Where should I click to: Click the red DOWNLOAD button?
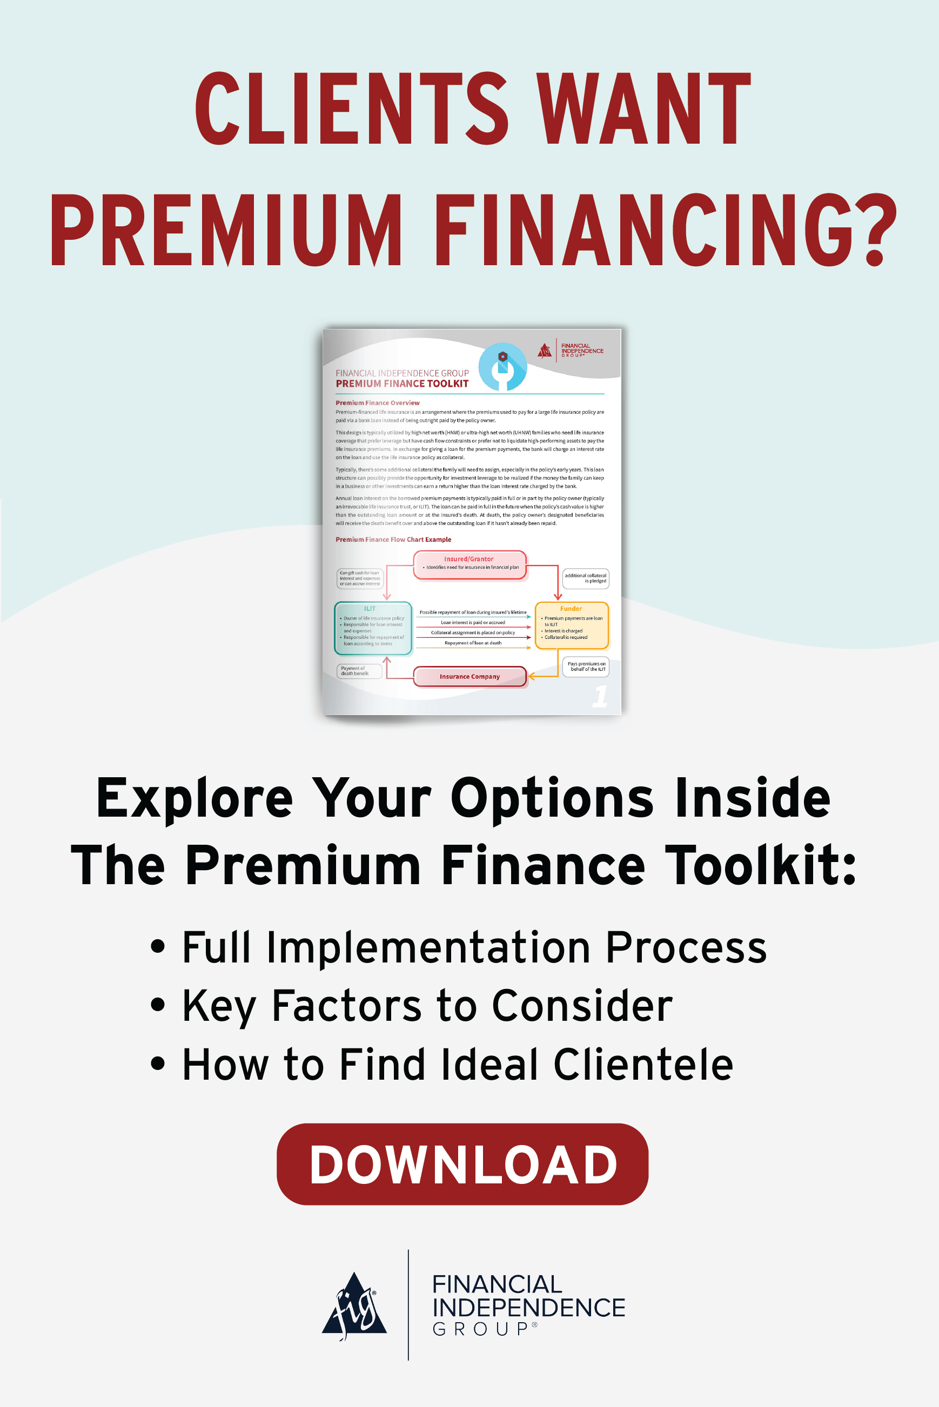462,1164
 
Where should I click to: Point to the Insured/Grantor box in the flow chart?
469,564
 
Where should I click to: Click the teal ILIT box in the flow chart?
372,628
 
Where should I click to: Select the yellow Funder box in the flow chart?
571,625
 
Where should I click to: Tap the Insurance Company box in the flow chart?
469,677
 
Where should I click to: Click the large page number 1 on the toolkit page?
600,696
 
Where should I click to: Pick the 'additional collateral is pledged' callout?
585,578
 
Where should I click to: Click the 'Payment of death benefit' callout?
359,671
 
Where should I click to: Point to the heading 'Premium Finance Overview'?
377,403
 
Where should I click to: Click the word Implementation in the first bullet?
428,948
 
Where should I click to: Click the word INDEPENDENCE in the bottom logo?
529,1308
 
